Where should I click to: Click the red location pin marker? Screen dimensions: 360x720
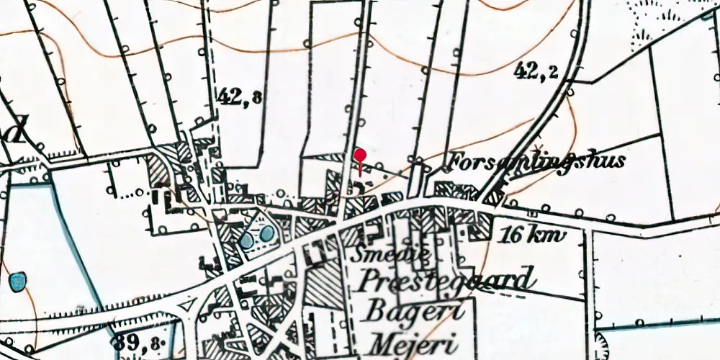pos(360,156)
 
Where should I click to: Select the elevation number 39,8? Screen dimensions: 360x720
pos(138,343)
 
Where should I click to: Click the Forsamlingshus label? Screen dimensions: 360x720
pos(536,161)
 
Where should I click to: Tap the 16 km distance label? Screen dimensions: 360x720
pos(531,235)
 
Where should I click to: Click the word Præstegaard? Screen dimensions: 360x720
pos(447,279)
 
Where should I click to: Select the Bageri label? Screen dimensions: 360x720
pos(408,311)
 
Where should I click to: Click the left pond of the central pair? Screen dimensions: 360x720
pos(247,240)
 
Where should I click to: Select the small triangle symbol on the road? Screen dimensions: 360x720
pos(189,306)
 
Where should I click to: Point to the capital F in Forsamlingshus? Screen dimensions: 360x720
pos(458,160)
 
